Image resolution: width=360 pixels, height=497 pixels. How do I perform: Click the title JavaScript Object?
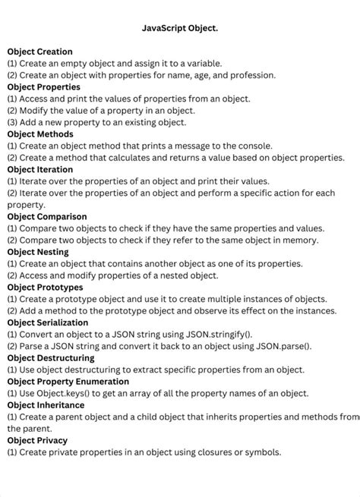pyautogui.click(x=179, y=27)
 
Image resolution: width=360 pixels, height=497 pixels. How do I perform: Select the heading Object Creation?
pyautogui.click(x=40, y=52)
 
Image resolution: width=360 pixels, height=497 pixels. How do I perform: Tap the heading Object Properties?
pyautogui.click(x=44, y=87)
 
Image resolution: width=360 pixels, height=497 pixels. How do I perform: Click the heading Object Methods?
pyautogui.click(x=40, y=134)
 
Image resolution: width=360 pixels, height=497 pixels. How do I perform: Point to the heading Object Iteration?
pyautogui.click(x=40, y=169)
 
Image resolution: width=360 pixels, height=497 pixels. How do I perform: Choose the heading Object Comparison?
pyautogui.click(x=47, y=216)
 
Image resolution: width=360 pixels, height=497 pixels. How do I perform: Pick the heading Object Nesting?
pyautogui.click(x=38, y=251)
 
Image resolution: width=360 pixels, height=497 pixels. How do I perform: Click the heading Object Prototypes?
pyautogui.click(x=45, y=287)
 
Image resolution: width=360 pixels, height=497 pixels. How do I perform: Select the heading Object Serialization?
pyautogui.click(x=48, y=322)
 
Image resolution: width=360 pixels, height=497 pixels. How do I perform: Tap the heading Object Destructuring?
pyautogui.click(x=51, y=357)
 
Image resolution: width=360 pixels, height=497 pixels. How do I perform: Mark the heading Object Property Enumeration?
pyautogui.click(x=68, y=381)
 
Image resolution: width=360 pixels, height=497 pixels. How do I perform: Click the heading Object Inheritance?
pyautogui.click(x=46, y=404)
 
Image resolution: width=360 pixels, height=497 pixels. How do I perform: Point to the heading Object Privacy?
pyautogui.click(x=37, y=440)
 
